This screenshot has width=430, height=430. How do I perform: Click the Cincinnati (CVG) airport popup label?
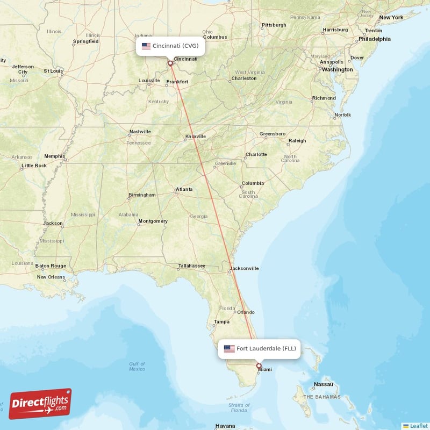coord(170,46)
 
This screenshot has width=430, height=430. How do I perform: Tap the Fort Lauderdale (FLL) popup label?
coord(260,348)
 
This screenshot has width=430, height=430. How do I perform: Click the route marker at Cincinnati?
coord(171,63)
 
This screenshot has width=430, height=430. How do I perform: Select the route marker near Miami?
coord(259,366)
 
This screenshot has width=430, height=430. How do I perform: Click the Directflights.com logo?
coord(40,404)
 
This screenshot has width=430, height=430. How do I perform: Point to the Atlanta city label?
coord(184,189)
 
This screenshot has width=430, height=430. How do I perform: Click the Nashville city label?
coord(140,132)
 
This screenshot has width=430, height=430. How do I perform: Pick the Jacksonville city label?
coord(245,268)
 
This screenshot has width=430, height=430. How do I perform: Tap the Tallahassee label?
coord(192,266)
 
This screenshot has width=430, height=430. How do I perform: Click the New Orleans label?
coord(51,277)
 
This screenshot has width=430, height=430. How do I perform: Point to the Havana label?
coord(225,426)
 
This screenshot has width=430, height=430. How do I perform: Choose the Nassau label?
coord(324,384)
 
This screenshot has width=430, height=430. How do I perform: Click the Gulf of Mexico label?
coord(137,366)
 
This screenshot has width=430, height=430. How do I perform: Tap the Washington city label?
coord(338,69)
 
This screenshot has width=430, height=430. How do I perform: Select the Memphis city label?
coord(54,156)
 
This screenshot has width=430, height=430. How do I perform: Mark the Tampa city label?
coord(221,322)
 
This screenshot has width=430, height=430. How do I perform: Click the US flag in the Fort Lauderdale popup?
coord(230,348)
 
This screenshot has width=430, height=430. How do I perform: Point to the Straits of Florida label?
coord(239,407)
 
